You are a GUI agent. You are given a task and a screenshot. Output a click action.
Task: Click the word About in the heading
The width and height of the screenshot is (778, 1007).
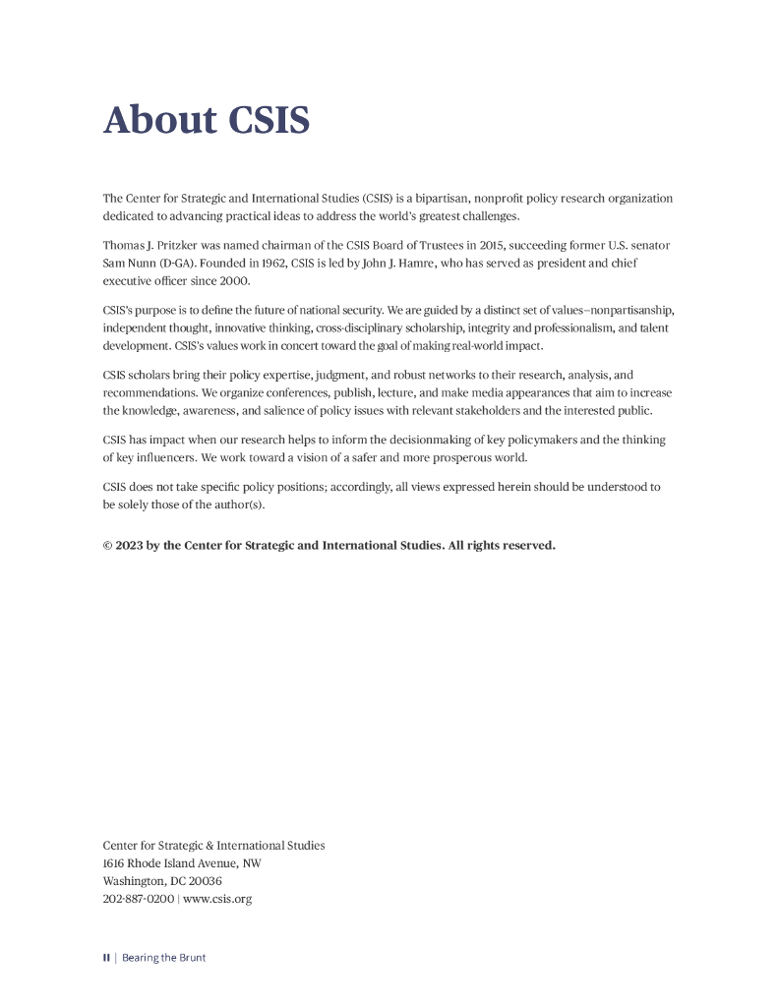(160, 120)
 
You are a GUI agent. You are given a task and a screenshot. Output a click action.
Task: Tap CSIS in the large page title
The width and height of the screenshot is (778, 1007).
(269, 120)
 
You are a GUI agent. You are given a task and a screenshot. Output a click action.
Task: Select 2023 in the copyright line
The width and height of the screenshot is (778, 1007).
(129, 546)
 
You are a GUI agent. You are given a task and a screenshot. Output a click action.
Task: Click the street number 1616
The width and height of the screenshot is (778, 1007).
(114, 863)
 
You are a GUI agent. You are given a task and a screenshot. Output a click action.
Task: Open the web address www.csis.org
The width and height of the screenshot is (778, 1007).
(217, 899)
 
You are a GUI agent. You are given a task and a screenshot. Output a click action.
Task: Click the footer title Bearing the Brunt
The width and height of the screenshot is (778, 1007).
(163, 958)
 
